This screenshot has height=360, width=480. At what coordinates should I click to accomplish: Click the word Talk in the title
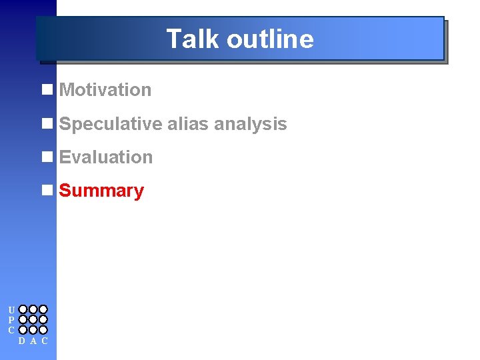(x=193, y=39)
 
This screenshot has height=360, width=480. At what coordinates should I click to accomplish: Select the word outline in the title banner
(x=269, y=39)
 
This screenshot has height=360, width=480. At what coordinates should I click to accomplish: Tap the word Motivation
(x=105, y=90)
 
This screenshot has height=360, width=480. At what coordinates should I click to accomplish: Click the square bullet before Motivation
(x=47, y=89)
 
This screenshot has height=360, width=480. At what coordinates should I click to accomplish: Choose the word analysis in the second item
(x=251, y=124)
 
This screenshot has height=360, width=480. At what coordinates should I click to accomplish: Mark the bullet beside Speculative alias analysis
(x=47, y=123)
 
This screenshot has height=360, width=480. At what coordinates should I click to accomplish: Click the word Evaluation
(x=106, y=157)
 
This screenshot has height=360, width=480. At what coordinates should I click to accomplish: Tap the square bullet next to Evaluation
(x=47, y=157)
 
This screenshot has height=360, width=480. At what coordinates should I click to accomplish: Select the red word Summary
(x=101, y=191)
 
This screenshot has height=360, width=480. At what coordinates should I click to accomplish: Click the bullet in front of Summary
(x=47, y=190)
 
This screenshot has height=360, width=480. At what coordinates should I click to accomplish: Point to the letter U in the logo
(x=11, y=310)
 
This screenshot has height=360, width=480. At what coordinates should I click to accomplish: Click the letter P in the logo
(x=11, y=320)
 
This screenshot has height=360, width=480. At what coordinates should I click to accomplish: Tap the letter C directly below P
(x=11, y=330)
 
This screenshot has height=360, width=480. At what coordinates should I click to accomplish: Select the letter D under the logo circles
(x=22, y=341)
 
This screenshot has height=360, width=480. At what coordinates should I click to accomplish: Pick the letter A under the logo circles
(x=33, y=341)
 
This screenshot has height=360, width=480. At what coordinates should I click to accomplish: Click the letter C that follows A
(x=44, y=341)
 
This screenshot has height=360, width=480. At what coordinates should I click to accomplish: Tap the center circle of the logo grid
(x=33, y=319)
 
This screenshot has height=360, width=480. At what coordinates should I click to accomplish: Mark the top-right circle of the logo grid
(x=43, y=309)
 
